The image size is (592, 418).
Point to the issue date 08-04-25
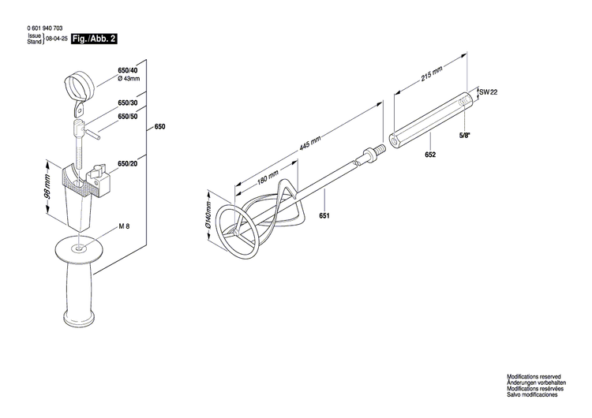pos(56,39)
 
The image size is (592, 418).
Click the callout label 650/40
pos(127,71)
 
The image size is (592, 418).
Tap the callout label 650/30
pos(127,103)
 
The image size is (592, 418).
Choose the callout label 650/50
pos(127,117)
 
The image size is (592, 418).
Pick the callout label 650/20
pos(127,163)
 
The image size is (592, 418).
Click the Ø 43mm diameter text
pos(129,80)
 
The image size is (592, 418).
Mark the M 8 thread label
pos(124,227)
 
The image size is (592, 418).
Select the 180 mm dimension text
pos(266,177)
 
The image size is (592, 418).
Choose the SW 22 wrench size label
pos(489,93)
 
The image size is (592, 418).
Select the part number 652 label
pos(429,156)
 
